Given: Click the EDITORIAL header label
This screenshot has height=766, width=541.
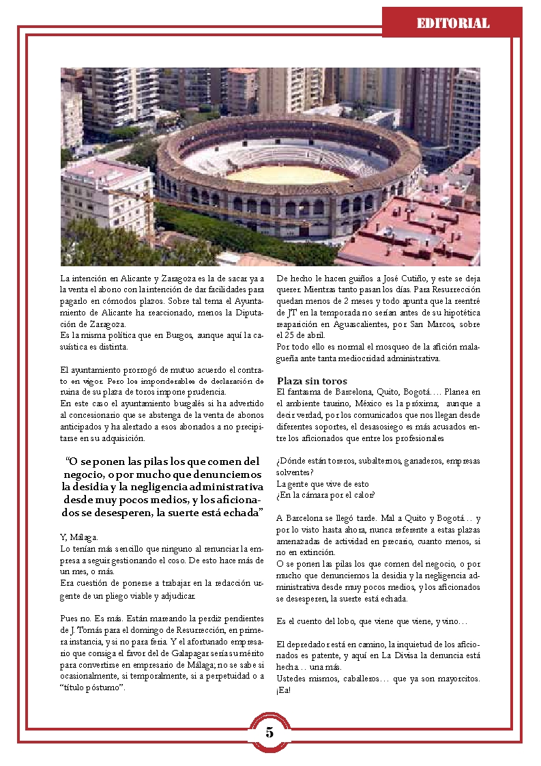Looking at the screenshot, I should (453, 24).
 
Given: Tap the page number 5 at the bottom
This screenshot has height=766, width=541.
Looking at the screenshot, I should (269, 733).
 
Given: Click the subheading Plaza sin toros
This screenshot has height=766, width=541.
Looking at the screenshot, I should (312, 381).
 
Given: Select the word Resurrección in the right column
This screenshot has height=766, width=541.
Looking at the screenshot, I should (456, 290).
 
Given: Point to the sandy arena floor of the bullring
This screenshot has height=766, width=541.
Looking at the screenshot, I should (287, 175).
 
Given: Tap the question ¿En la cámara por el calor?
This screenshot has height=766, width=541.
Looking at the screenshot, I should (325, 495).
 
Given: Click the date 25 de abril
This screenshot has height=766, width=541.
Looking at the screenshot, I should (301, 335).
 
